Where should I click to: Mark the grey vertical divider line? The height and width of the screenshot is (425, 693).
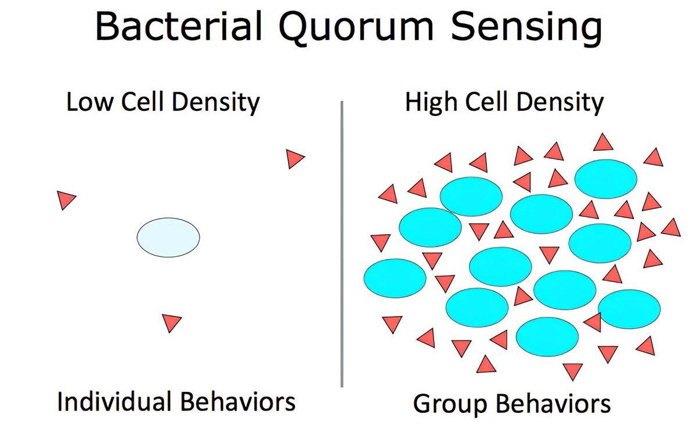pyautogui.click(x=342, y=244)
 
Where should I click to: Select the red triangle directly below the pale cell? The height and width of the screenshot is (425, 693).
pyautogui.click(x=171, y=322)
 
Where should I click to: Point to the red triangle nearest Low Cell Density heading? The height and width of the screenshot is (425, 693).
pyautogui.click(x=294, y=158)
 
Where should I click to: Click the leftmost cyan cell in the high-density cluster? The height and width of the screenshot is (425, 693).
pyautogui.click(x=395, y=278)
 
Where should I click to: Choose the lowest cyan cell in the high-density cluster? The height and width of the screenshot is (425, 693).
pyautogui.click(x=547, y=336)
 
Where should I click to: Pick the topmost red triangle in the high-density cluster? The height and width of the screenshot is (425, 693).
pyautogui.click(x=603, y=142)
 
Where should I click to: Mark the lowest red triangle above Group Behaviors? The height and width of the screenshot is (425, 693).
pyautogui.click(x=572, y=370)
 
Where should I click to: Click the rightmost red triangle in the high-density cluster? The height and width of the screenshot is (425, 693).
pyautogui.click(x=672, y=227)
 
